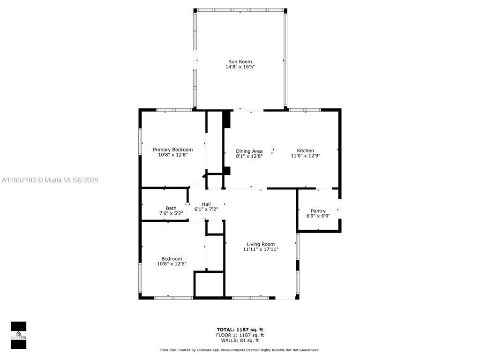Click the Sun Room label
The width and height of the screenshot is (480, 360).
pyautogui.click(x=240, y=61)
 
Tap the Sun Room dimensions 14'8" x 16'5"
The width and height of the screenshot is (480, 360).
pyautogui.click(x=240, y=67)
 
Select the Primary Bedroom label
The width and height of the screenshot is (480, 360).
pyautogui.click(x=172, y=150)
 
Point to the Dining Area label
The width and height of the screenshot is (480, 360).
pyautogui.click(x=249, y=151)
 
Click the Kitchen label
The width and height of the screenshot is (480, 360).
pyautogui.click(x=305, y=150)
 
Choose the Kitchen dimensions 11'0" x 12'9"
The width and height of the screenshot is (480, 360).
pyautogui.click(x=305, y=156)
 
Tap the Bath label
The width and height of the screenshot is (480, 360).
pyautogui.click(x=171, y=208)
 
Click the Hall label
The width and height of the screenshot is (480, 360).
pyautogui.click(x=206, y=204)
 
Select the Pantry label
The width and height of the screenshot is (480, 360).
pyautogui.click(x=318, y=211)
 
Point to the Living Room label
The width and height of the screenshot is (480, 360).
pyautogui.click(x=261, y=244)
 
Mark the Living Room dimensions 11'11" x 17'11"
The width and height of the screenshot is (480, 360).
pyautogui.click(x=261, y=250)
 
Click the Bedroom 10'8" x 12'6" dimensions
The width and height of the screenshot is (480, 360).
pyautogui.click(x=172, y=264)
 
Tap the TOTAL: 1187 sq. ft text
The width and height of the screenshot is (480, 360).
pyautogui.click(x=240, y=330)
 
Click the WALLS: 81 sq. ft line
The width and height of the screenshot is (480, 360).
pyautogui.click(x=240, y=340)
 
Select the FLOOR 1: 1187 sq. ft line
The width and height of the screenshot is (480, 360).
pyautogui.click(x=240, y=335)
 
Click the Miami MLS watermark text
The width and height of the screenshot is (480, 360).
pyautogui.click(x=50, y=180)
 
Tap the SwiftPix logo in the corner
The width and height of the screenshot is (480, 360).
pyautogui.click(x=18, y=335)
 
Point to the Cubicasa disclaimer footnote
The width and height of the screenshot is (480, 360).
pyautogui.click(x=240, y=350)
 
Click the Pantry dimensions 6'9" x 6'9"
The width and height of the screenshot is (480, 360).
pyautogui.click(x=318, y=216)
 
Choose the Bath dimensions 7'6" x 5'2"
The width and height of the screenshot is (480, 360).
pyautogui.click(x=171, y=213)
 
